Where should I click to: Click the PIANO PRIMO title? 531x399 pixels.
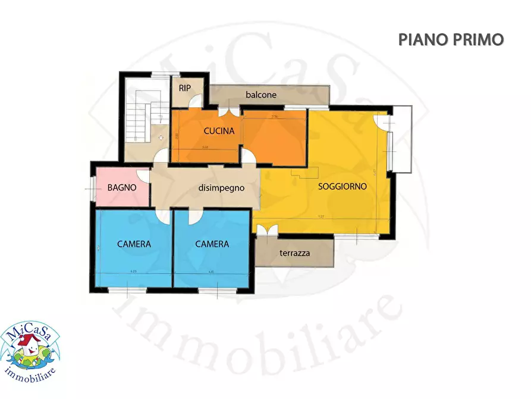(451, 39)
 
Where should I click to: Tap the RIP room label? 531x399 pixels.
(185, 88)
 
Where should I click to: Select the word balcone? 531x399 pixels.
(261, 95)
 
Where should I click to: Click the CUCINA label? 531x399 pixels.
(219, 131)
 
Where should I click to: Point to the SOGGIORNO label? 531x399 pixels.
(342, 186)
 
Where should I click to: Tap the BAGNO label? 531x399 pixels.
(122, 187)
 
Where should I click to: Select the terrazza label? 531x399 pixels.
(294, 253)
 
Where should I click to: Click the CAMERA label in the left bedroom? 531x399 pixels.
(134, 244)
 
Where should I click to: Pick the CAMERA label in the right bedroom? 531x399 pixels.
(212, 244)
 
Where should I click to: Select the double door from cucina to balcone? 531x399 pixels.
(225, 110)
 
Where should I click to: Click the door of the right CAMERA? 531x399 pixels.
(194, 216)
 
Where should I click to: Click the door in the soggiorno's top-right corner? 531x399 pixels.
(382, 119)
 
